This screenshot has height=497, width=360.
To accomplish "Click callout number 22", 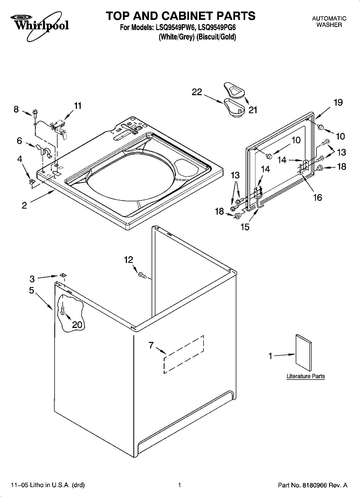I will tap(197, 92).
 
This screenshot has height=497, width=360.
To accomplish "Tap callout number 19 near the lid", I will tap(338, 102).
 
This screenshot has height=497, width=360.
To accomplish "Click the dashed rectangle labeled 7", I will tap(184, 354).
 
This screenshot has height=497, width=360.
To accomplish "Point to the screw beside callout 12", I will tap(142, 275).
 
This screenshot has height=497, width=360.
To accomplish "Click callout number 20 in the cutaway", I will tap(77, 325).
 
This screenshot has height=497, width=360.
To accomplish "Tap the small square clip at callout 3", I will tap(63, 275).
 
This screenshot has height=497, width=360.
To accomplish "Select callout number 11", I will tap(77, 106).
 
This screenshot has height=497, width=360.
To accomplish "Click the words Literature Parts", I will tap(306, 376).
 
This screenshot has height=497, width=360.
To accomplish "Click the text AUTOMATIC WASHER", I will tap(329, 22).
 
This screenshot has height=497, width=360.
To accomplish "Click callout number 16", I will tap(318, 198).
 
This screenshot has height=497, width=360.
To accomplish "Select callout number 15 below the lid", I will tap(245, 227).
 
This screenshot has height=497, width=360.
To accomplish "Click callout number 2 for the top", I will tap(24, 206).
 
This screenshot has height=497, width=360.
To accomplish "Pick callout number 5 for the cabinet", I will tap(32, 291).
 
